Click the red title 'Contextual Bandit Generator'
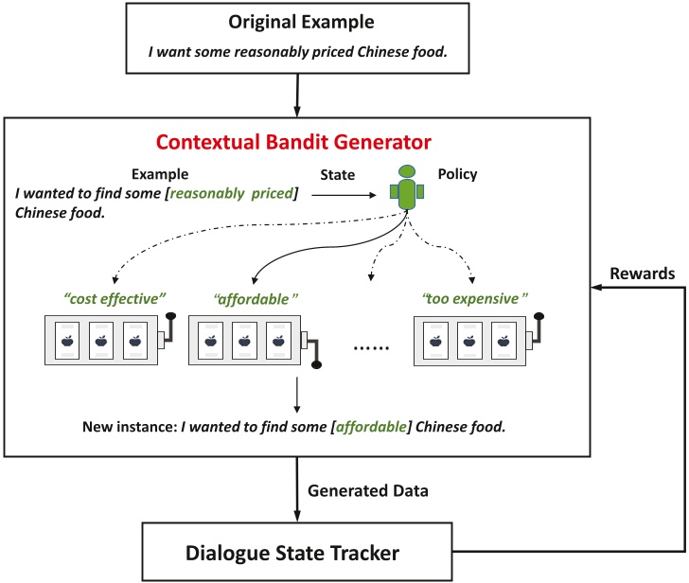[293, 143]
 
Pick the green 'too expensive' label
[470, 298]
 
